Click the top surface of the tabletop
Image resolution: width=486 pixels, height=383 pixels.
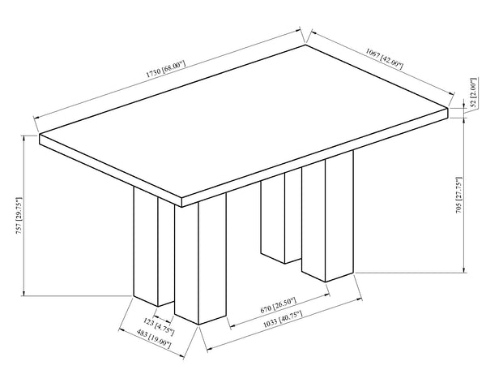click(243, 114)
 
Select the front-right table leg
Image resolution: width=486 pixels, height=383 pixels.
click(329, 219)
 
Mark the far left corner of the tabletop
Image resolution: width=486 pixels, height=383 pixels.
click(39, 134)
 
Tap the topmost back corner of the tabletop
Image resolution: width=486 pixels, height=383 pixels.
click(305, 45)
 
